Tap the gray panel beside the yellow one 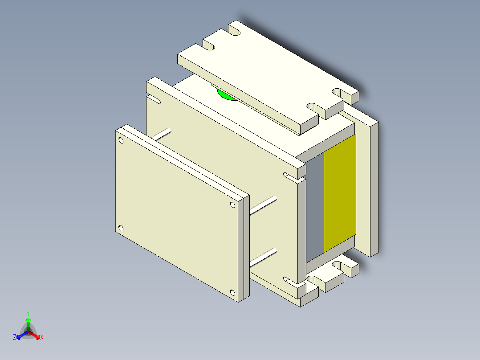click(x=315, y=205)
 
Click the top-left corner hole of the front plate click(x=121, y=140)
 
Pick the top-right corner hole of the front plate click(x=232, y=205)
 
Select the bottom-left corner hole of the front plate click(x=121, y=229)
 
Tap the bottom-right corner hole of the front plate click(x=232, y=292)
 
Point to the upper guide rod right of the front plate click(x=263, y=205)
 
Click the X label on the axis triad click(x=42, y=338)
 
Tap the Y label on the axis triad click(x=28, y=313)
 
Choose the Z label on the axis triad click(x=15, y=338)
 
